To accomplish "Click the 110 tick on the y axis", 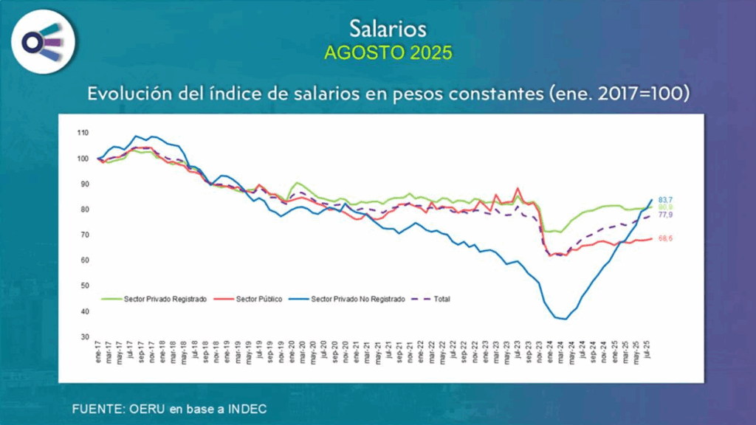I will (x=83, y=133).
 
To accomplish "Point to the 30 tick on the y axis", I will (x=84, y=336).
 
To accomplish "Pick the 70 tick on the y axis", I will (x=84, y=235).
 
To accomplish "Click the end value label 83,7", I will (x=664, y=200).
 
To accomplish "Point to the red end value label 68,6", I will (x=664, y=238).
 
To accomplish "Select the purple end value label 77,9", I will (x=664, y=215).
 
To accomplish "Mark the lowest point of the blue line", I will (x=565, y=319).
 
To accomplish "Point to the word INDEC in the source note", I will (x=247, y=408).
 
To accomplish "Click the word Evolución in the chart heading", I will (x=123, y=94).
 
